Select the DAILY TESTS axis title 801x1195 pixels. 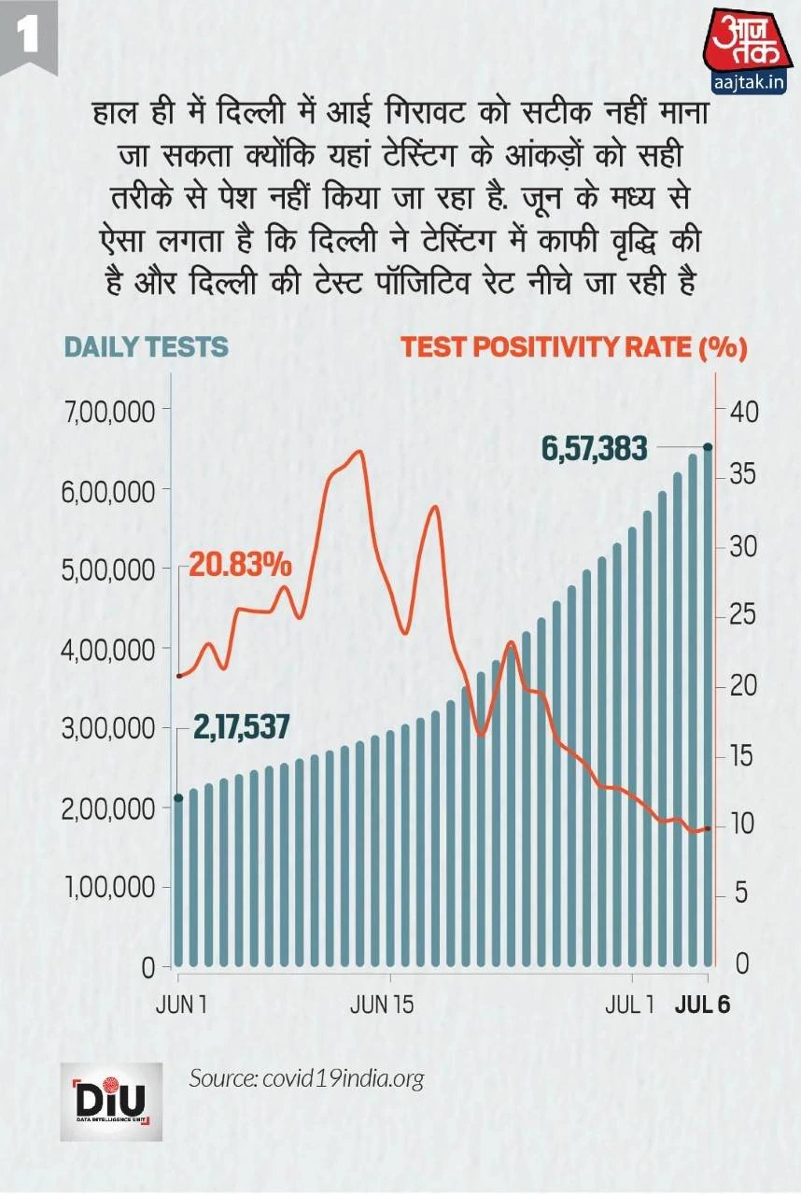(x=146, y=347)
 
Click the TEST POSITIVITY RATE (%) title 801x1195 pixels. (x=574, y=347)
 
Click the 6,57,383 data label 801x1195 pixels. (x=595, y=449)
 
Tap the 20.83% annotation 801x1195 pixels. (x=241, y=565)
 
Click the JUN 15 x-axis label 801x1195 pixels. (x=381, y=1006)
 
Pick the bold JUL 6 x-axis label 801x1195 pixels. (x=703, y=1006)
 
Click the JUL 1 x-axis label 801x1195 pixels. (x=629, y=1006)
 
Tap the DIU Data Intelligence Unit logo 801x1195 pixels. (x=111, y=1102)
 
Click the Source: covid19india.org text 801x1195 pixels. (x=306, y=1078)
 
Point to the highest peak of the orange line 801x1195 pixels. (x=358, y=452)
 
